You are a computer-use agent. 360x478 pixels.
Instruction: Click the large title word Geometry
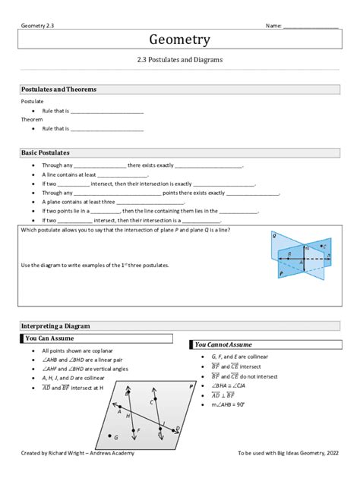coord(179,39)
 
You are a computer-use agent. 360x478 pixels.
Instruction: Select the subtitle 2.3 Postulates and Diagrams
coord(179,59)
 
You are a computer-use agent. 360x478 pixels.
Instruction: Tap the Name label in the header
coord(273,26)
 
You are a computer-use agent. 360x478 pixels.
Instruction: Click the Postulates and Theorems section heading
coord(59,90)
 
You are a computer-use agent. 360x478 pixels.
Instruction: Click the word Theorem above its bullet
coord(32,119)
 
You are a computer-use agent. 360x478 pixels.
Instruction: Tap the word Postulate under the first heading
coord(33,101)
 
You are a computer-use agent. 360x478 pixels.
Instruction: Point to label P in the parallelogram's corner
coord(191,386)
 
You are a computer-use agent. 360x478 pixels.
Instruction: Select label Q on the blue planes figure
coord(273,236)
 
